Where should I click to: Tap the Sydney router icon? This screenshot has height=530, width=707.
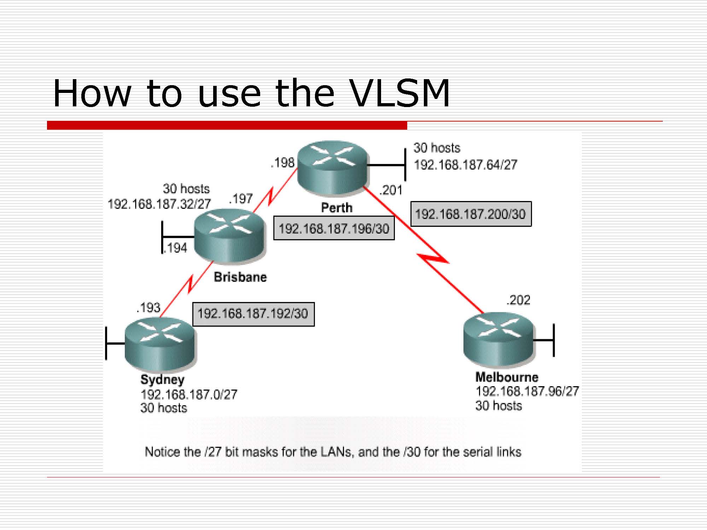coord(160,344)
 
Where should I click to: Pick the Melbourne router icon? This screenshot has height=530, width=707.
coord(498,340)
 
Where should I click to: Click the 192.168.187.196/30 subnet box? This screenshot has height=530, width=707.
coord(334,228)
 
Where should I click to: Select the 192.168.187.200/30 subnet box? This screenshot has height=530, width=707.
coord(471,214)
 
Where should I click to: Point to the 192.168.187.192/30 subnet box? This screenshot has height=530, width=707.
coord(253,314)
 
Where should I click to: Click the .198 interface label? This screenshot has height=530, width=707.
coord(282,163)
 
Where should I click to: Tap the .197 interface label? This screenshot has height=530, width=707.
coord(241,199)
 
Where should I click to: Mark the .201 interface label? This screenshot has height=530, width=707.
coord(391,190)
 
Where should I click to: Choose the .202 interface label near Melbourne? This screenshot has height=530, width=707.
coord(518,300)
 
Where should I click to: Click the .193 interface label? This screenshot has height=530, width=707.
coord(148,308)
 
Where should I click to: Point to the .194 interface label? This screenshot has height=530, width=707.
coord(175,248)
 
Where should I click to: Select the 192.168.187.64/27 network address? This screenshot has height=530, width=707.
coord(466,165)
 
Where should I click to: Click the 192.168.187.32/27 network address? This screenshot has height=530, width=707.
coord(159,204)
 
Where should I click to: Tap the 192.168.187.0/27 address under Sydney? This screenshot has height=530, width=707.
coord(189,394)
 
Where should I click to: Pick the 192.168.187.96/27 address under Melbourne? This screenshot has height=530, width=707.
coord(527,391)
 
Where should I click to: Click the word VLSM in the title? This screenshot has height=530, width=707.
coord(399,93)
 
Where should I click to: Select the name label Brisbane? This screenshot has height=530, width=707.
coord(240,277)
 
